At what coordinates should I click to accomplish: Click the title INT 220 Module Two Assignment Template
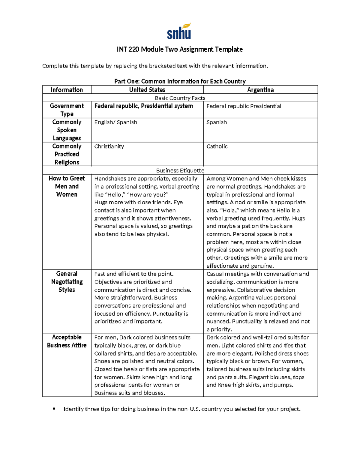click(180, 49)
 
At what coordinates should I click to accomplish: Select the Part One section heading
click(180, 81)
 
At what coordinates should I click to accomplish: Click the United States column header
click(147, 90)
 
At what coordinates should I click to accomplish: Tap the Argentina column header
click(260, 90)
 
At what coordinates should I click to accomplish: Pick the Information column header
click(67, 90)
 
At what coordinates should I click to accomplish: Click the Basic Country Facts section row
click(180, 98)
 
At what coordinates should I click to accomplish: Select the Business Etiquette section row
click(180, 170)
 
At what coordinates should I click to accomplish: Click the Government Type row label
click(67, 110)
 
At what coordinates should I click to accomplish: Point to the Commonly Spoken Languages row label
click(67, 130)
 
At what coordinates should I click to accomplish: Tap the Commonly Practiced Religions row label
click(67, 154)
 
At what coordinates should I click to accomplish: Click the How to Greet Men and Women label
click(67, 186)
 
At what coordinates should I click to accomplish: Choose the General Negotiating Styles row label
click(67, 282)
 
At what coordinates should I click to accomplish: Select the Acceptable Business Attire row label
click(67, 341)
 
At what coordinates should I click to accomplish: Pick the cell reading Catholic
click(217, 146)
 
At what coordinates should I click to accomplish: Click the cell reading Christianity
click(109, 146)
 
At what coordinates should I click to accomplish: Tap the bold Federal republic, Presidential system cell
click(143, 106)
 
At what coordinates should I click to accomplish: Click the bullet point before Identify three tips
click(54, 409)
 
